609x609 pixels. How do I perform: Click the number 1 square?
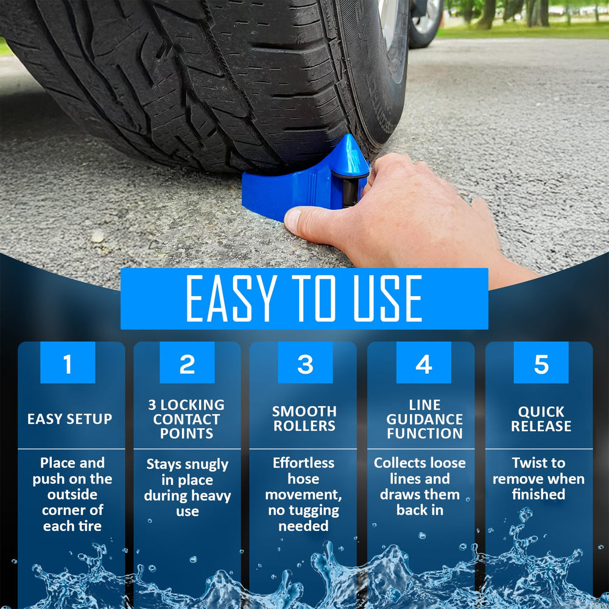click(x=68, y=362)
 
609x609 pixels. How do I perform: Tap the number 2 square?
click(x=187, y=362)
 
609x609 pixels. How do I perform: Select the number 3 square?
click(x=305, y=362)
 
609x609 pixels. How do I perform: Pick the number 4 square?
click(x=424, y=362)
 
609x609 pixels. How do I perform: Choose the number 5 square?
click(x=541, y=362)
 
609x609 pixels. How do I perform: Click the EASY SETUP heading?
click(x=70, y=419)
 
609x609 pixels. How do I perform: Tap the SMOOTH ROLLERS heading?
click(x=304, y=419)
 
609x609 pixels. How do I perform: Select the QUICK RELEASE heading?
click(x=541, y=419)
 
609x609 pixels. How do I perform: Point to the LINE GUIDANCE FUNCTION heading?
click(x=424, y=419)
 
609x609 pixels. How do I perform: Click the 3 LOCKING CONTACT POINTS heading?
click(x=186, y=419)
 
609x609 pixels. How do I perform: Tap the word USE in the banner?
click(x=387, y=298)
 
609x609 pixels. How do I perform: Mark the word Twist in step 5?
click(x=529, y=463)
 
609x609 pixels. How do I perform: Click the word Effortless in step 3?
click(x=303, y=463)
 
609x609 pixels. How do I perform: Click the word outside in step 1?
click(x=72, y=495)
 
